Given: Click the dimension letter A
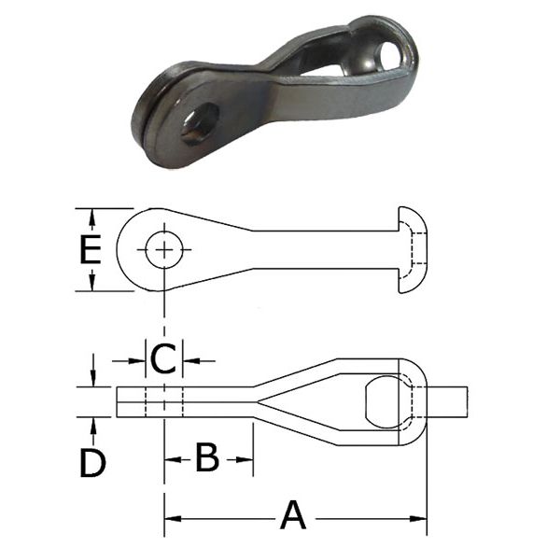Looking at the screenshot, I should (293, 514).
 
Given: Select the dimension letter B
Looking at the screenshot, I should (206, 457).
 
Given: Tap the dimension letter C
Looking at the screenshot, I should (163, 358).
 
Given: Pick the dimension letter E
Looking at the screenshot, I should (90, 250).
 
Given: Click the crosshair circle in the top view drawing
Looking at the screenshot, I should (165, 249).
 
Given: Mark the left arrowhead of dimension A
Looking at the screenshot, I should (171, 514).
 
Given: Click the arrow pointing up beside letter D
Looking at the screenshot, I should (92, 424).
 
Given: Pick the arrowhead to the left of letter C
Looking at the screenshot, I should (139, 359).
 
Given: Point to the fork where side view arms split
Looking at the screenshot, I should (263, 402).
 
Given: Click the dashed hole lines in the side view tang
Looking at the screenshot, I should (165, 401).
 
